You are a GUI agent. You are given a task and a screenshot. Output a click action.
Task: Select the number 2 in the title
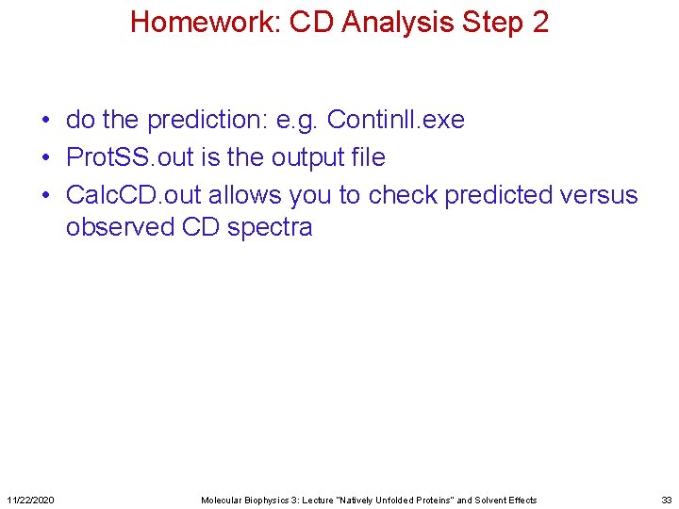(540, 22)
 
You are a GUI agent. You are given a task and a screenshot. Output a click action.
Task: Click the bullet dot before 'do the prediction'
(45, 121)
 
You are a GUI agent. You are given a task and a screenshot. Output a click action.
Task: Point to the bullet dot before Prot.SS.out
(45, 158)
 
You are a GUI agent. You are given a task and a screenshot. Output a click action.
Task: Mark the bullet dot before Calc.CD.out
(45, 196)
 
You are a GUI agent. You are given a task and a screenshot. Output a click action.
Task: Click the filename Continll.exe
(395, 121)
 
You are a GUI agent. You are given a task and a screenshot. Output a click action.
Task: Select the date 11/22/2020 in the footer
(30, 500)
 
